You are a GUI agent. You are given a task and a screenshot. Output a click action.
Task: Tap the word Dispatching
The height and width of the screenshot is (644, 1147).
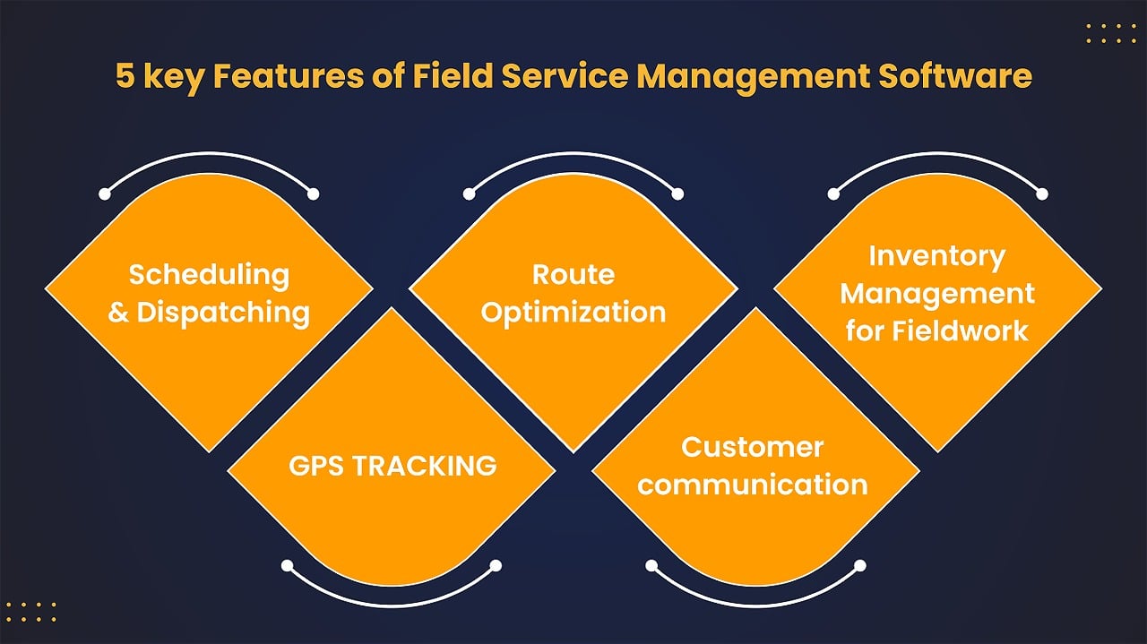[223, 313]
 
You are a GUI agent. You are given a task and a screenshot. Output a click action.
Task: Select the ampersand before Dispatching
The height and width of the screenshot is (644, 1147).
[118, 313]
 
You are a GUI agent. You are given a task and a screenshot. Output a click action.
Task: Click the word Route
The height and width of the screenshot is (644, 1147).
[573, 274]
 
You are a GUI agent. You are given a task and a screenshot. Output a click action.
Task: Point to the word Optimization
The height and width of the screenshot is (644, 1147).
[573, 313]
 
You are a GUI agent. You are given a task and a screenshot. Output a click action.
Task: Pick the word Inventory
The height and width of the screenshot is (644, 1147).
[937, 257]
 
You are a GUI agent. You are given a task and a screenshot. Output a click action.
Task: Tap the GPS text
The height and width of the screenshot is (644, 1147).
[316, 466]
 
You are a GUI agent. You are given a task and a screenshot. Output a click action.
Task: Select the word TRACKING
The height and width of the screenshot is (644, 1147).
[425, 466]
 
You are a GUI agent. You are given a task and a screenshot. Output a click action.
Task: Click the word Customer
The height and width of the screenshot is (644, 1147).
[752, 447]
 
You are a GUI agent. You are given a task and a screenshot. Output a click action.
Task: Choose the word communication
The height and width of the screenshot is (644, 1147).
[752, 485]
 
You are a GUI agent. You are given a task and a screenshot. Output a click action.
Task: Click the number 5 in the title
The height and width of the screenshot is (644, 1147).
[125, 76]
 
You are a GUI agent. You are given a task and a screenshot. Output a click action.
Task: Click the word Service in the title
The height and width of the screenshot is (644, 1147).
[565, 76]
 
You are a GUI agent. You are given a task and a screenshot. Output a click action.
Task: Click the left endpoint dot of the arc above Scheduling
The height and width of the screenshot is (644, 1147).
[105, 194]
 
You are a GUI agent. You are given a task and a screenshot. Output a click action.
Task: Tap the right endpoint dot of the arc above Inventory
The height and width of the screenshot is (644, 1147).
[1042, 194]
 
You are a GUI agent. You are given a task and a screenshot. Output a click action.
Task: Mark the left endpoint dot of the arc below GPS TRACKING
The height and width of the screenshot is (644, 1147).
[288, 566]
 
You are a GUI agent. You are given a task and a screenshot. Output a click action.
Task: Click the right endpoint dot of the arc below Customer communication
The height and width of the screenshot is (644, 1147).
[860, 566]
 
